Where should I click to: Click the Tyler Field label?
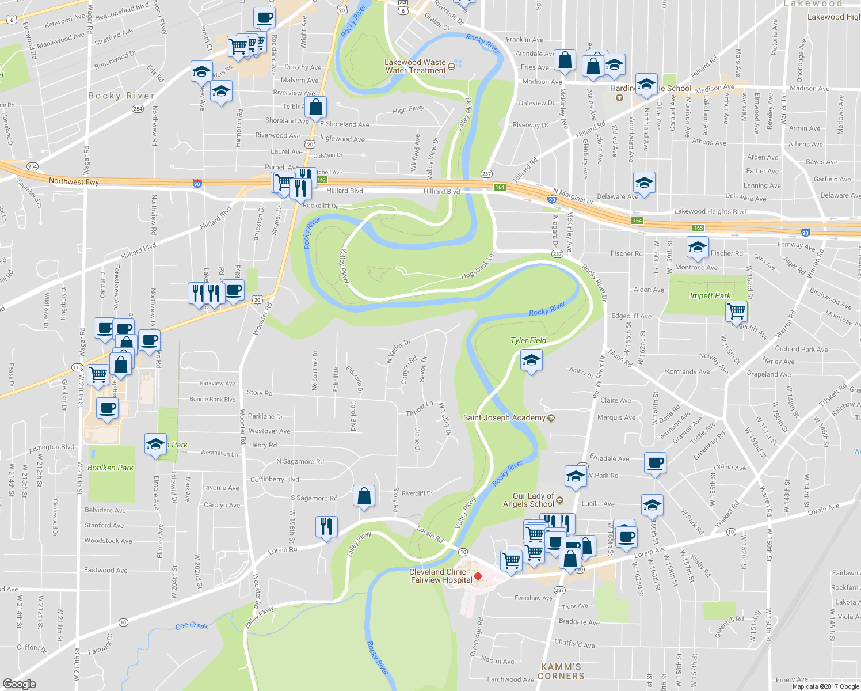[528, 340]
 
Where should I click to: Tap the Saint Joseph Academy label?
[504, 417]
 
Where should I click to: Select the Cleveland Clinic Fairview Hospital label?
[441, 576]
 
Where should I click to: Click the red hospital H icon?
[477, 576]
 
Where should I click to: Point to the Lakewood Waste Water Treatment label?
[416, 66]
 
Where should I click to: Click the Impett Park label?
[710, 295]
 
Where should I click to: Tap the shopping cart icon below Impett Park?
[737, 312]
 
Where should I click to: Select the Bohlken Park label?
[111, 468]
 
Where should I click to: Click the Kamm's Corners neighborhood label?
[561, 671]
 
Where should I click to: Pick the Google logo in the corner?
[20, 684]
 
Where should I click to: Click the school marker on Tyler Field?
[531, 362]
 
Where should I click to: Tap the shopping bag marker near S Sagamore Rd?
[364, 496]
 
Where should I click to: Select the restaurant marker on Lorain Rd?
[326, 526]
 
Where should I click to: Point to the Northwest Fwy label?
[74, 181]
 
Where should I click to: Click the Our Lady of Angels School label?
[528, 500]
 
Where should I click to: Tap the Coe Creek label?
[192, 625]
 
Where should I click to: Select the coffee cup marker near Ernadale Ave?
[655, 462]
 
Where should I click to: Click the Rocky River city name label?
[121, 96]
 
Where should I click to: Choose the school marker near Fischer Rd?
[698, 248]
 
